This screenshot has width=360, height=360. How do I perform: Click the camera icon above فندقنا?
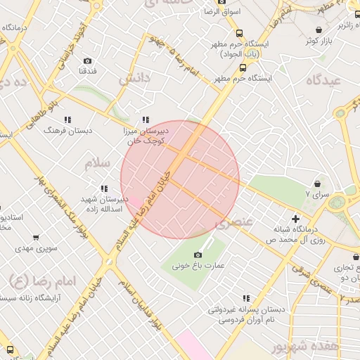(x=87, y=61)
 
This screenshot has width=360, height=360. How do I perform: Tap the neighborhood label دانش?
(x=135, y=79)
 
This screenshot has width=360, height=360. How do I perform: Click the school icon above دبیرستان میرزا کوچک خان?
(x=146, y=120)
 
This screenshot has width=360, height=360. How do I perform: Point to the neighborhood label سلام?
(x=98, y=163)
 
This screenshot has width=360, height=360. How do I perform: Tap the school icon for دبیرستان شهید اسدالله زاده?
(x=104, y=188)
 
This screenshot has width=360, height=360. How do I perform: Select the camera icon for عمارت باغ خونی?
(x=198, y=255)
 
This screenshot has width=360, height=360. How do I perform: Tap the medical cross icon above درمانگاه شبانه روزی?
(x=295, y=219)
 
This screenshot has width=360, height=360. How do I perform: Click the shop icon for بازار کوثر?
(x=320, y=30)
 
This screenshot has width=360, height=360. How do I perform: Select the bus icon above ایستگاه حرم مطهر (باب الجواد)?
(x=240, y=33)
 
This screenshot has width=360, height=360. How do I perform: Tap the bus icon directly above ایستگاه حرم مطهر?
(x=243, y=68)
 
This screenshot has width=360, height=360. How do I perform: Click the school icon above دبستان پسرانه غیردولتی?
(x=246, y=298)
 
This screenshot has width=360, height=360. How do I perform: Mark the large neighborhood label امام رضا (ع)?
(x=27, y=282)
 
